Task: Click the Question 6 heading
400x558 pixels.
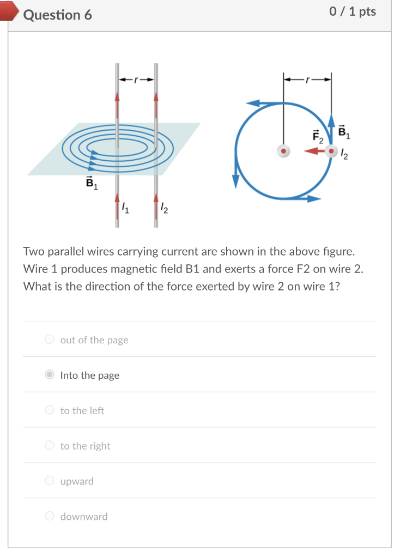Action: coord(58,15)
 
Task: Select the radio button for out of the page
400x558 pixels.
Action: coord(50,339)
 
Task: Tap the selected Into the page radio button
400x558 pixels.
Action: coord(50,375)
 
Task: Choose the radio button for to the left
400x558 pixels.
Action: coord(50,410)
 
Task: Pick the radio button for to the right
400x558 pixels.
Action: coord(50,446)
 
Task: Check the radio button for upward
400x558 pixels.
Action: coord(50,481)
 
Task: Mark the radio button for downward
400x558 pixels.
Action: coord(50,517)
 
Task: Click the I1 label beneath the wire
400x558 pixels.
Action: coord(125,208)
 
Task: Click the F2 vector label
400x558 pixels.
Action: coord(318,136)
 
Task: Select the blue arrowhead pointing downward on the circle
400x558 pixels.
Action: coord(235,181)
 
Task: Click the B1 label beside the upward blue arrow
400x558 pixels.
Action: coord(343,131)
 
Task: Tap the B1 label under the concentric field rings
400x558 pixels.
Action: coord(91,184)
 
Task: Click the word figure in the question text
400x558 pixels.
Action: coord(339,252)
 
